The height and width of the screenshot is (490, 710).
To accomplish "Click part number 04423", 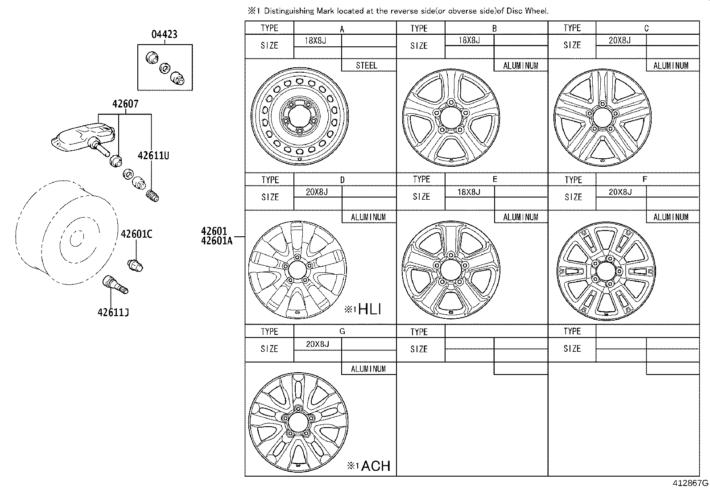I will (x=164, y=34).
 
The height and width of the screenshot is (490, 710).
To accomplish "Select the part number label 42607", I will (x=125, y=104).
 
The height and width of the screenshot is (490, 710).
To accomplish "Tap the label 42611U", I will (x=153, y=156).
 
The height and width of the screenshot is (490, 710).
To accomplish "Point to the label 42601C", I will (x=136, y=234).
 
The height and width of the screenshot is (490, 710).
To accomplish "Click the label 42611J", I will (x=113, y=312).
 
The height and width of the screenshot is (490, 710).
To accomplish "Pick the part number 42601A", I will (x=217, y=241).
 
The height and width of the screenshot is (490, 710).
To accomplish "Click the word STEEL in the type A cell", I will (x=367, y=66).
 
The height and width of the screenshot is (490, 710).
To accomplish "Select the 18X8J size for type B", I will (x=469, y=40).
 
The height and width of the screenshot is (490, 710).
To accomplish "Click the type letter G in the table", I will (x=342, y=331).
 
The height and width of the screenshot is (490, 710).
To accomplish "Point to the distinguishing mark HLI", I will (x=369, y=309).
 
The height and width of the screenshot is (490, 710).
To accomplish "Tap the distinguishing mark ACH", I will (x=375, y=466).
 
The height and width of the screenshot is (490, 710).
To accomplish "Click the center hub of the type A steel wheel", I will (x=299, y=117).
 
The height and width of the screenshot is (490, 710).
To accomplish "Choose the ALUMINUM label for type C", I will (x=671, y=66).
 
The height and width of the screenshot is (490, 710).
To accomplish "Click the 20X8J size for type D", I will (x=317, y=192).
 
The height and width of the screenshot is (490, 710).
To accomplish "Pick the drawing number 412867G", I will (x=690, y=483).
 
